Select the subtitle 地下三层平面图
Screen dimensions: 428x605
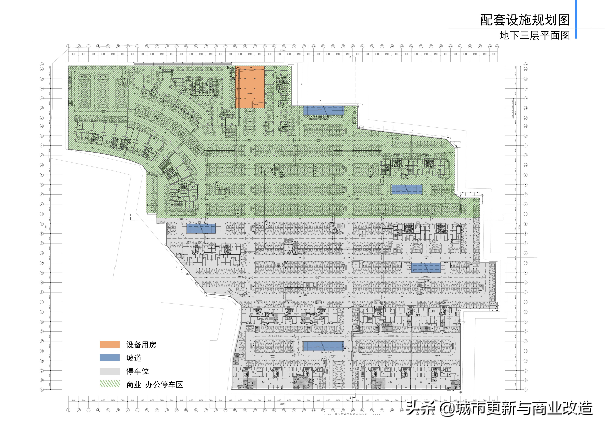(x=534, y=35)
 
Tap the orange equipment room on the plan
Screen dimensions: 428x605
(x=250, y=87)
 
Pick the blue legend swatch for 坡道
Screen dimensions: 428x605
(x=110, y=358)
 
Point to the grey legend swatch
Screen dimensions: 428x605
(x=110, y=371)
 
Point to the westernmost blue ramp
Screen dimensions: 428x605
(x=201, y=228)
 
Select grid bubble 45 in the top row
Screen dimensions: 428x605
(x=497, y=46)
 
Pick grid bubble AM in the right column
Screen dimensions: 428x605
(x=525, y=64)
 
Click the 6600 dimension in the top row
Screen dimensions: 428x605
(x=493, y=54)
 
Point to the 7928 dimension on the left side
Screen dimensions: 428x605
(x=49, y=385)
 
